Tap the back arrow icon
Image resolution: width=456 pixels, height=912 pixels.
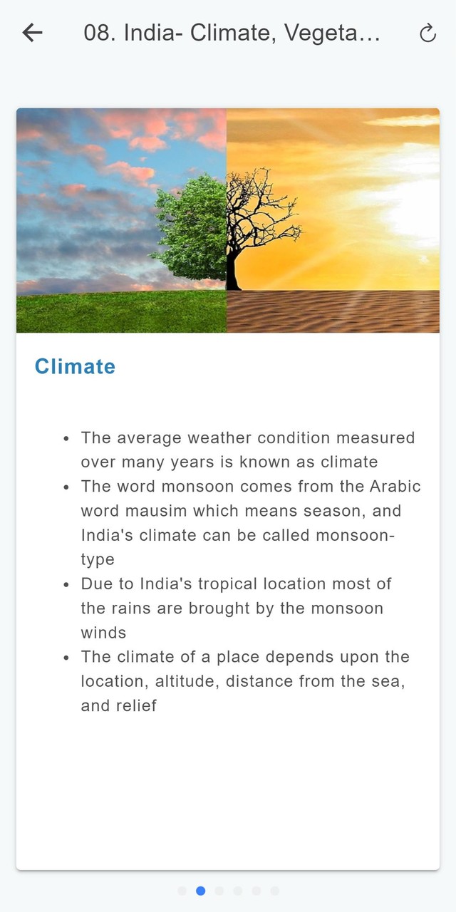click(33, 33)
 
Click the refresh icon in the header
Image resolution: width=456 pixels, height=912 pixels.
click(428, 33)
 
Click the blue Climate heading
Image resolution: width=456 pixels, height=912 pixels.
click(75, 366)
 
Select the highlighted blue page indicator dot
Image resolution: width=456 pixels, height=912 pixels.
click(200, 891)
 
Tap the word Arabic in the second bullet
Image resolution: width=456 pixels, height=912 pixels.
click(395, 487)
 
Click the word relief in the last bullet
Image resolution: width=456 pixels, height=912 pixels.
click(136, 706)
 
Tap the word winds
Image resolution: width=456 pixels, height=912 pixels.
click(103, 633)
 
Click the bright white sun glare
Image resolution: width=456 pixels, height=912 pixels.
click(411, 212)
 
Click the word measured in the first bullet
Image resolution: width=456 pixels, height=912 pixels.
click(375, 438)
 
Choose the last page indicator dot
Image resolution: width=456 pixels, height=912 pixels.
click(275, 891)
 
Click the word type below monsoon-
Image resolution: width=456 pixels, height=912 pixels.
click(98, 560)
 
